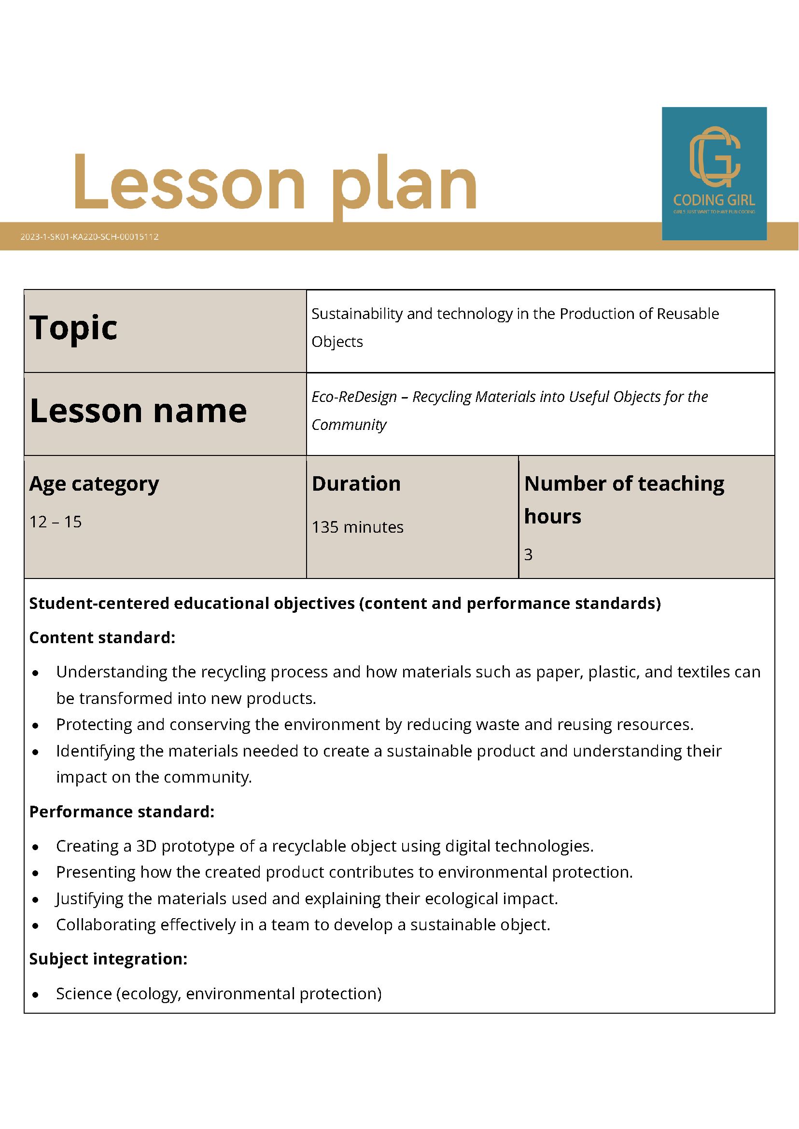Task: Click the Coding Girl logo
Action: tap(714, 173)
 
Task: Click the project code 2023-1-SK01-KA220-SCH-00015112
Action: tap(89, 236)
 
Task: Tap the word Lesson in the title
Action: tap(189, 183)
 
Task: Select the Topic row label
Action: tap(73, 328)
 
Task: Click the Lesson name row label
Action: tap(138, 411)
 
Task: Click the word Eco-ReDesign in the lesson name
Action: tap(354, 396)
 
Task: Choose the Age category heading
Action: tap(94, 484)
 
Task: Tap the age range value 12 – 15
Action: tap(56, 522)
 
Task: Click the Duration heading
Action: tap(356, 484)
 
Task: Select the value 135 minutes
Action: tap(358, 527)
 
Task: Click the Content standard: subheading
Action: tap(102, 638)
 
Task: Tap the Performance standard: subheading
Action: tap(122, 812)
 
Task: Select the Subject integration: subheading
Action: tap(108, 959)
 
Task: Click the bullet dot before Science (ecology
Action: tap(35, 995)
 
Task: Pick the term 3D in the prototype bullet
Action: tap(146, 846)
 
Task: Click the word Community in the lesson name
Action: tap(349, 425)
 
